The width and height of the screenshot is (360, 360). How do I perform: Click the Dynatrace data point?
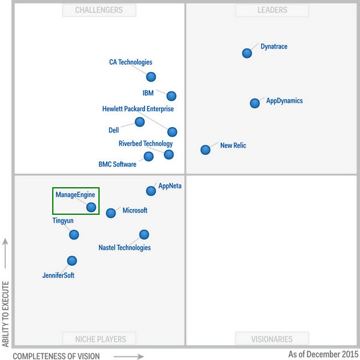(247, 53)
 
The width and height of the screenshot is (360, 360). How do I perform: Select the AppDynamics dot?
(254, 103)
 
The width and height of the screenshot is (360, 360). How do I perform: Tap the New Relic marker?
(205, 149)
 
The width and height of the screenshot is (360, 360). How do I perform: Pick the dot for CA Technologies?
(151, 77)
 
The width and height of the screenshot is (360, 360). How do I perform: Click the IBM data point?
(171, 96)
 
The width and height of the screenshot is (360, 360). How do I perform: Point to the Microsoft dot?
(111, 213)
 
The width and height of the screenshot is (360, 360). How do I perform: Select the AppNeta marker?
(151, 191)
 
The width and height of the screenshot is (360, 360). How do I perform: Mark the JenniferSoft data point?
(72, 260)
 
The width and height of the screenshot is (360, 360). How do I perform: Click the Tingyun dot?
(74, 234)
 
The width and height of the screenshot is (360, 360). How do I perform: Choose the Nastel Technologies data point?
(144, 235)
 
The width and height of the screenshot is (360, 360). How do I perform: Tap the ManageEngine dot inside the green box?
(91, 208)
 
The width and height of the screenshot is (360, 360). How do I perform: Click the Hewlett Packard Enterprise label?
(138, 109)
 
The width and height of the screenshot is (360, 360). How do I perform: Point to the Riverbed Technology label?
(146, 144)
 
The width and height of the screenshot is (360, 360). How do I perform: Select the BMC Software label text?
(117, 164)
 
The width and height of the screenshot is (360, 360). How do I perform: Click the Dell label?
(113, 130)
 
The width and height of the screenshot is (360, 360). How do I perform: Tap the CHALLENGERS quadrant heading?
(99, 10)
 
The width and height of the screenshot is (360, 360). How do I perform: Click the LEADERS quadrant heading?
(272, 10)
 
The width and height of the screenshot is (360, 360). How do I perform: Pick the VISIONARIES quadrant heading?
(272, 339)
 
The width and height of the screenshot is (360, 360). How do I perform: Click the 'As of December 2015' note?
(323, 354)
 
